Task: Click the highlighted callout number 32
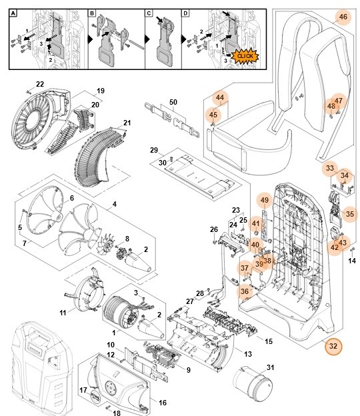tap(333, 346)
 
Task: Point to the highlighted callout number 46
tap(343, 17)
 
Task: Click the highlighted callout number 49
tap(264, 200)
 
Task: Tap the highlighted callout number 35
tap(350, 215)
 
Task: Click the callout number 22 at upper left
tap(40, 84)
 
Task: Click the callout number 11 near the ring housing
tap(63, 312)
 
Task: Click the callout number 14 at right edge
tap(352, 261)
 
